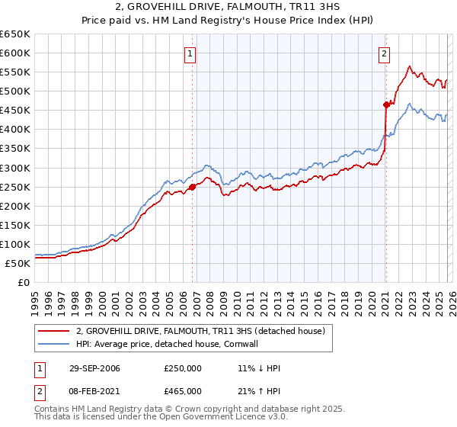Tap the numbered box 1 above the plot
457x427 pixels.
[189, 53]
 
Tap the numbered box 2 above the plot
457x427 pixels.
[385, 53]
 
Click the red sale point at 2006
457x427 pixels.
[193, 186]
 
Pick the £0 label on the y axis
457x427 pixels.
[23, 282]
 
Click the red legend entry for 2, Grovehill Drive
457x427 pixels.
[200, 331]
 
